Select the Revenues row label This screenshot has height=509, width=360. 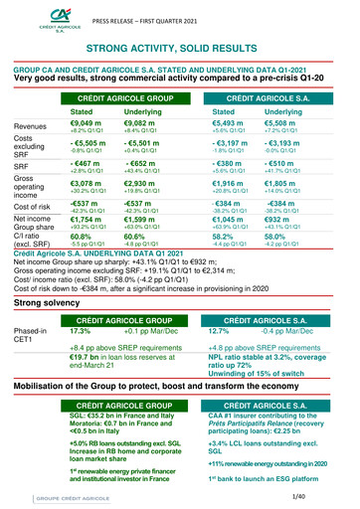(33, 126)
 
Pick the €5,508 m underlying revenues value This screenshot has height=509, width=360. (287, 122)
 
